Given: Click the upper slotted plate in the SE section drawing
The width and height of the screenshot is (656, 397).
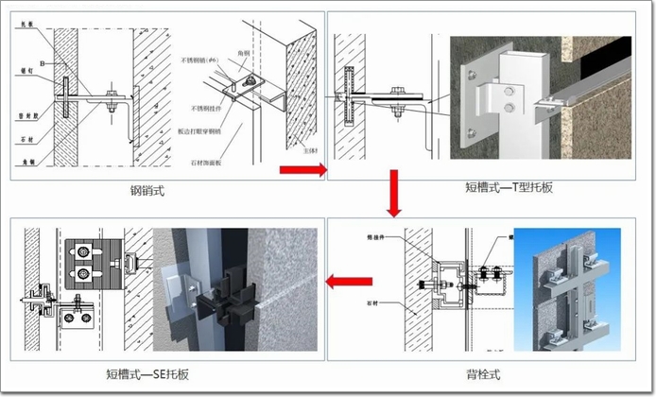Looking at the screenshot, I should (x=84, y=254).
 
